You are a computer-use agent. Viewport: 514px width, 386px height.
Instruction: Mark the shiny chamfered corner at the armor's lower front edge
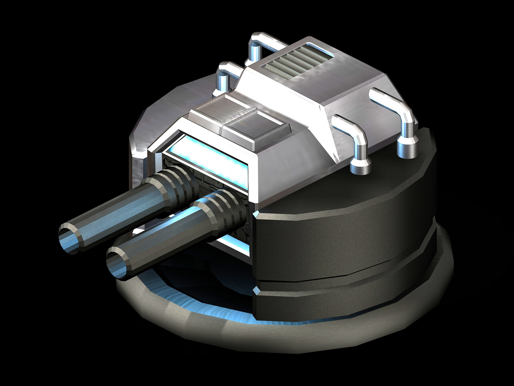pos(256,291)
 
